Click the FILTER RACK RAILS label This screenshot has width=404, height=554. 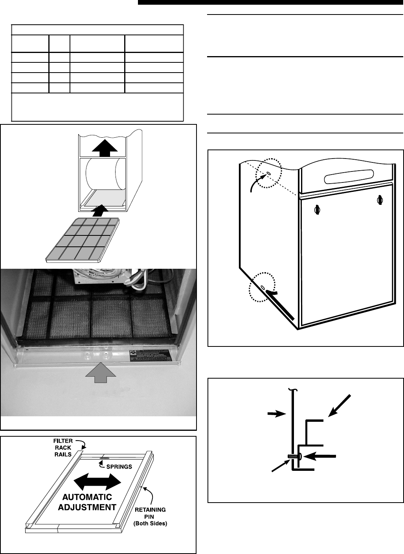pyautogui.click(x=63, y=447)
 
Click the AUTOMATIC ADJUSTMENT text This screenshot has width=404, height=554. pyautogui.click(x=87, y=502)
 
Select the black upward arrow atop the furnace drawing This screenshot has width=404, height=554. pyautogui.click(x=103, y=148)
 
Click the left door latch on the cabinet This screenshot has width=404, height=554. pyautogui.click(x=317, y=210)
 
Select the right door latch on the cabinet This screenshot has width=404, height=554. pyautogui.click(x=380, y=199)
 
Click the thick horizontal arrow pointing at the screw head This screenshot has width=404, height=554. pyautogui.click(x=321, y=456)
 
